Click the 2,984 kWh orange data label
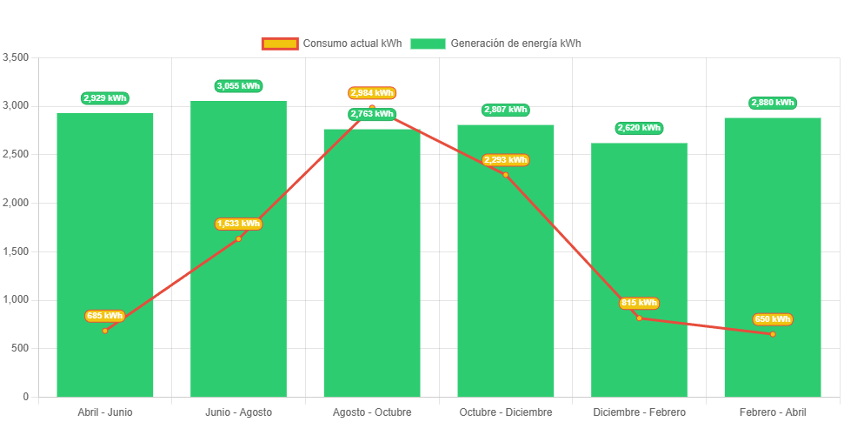[372, 93]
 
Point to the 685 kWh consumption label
[105, 316]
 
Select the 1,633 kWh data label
[238, 224]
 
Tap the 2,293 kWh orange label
[505, 160]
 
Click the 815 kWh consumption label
[639, 303]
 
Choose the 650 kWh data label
[773, 319]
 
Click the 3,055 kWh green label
[238, 86]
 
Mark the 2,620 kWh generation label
[639, 128]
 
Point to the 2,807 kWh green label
[505, 110]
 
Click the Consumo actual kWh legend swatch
[279, 44]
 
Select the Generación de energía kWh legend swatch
[428, 44]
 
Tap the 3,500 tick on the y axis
[17, 57]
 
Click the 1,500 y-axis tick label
[17, 251]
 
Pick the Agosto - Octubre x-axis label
[372, 412]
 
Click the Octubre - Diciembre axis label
[505, 412]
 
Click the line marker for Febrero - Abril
[772, 334]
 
